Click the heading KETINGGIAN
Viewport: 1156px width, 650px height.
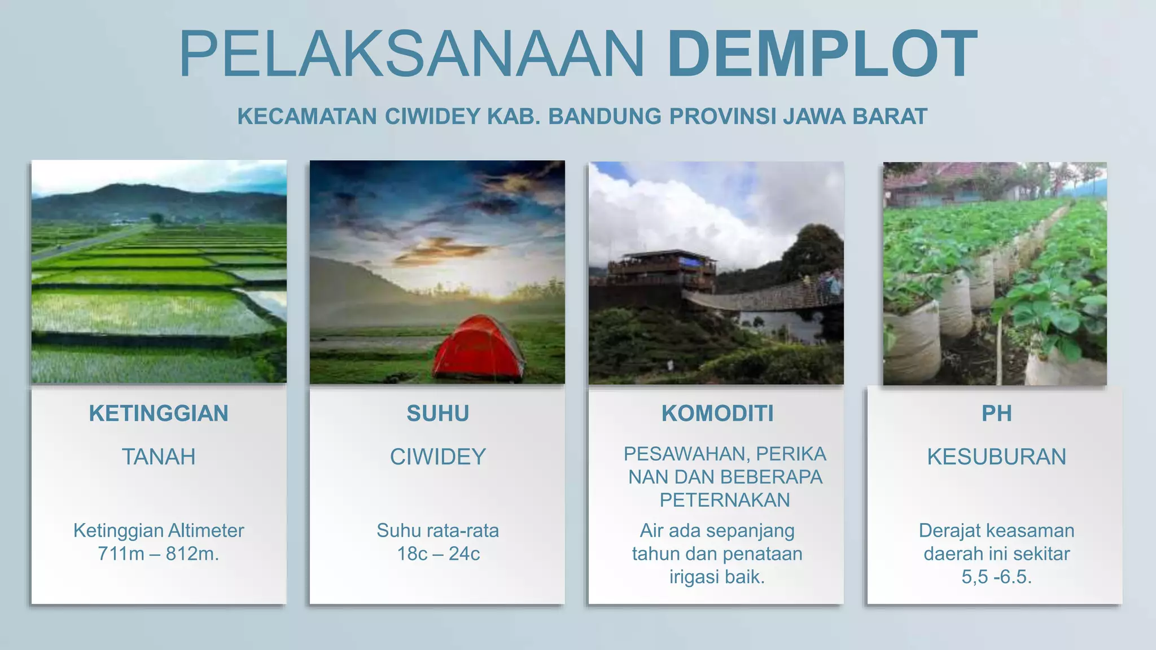(159, 414)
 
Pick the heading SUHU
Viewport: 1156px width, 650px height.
(437, 414)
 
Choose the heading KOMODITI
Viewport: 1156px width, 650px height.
(717, 414)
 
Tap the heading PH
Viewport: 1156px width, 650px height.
(996, 414)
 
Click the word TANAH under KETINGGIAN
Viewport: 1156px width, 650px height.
(159, 456)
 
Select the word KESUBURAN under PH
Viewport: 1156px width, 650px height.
(996, 456)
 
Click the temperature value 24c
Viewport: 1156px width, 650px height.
(465, 554)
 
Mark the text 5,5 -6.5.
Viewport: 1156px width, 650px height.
(996, 577)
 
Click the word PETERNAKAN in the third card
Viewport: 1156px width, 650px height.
(725, 500)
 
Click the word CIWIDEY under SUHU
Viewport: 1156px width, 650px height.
(437, 456)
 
